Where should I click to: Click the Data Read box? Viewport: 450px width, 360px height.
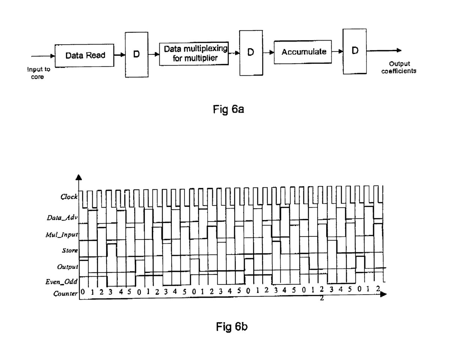[x=85, y=55]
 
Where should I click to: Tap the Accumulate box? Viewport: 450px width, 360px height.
[x=304, y=52]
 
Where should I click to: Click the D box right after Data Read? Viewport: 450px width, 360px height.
[x=136, y=54]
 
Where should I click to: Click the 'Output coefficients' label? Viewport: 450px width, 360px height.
[x=399, y=67]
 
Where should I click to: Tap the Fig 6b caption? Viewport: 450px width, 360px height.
[x=232, y=327]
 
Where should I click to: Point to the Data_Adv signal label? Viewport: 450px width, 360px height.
[x=62, y=217]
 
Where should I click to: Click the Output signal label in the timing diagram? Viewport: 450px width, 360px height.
[x=67, y=267]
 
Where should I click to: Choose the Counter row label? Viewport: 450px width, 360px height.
[x=65, y=294]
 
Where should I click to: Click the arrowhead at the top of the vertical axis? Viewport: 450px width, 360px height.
[x=78, y=178]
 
